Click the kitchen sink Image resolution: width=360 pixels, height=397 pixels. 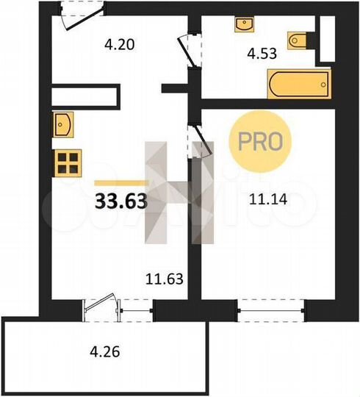(x=62, y=124)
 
